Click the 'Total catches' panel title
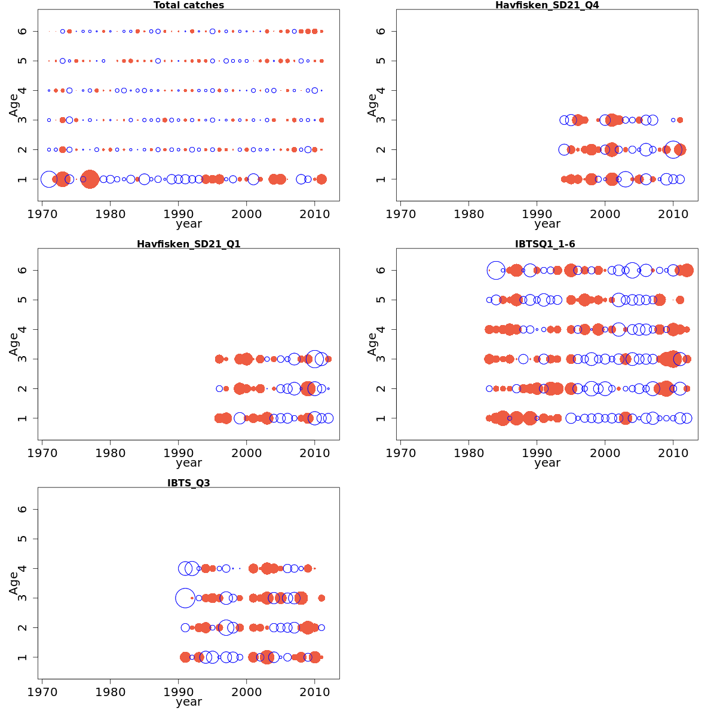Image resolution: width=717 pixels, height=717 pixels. pyautogui.click(x=189, y=5)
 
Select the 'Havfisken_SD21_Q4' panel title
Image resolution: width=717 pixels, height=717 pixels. pyautogui.click(x=547, y=5)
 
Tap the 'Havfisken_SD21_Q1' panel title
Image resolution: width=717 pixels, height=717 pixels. pyautogui.click(x=189, y=244)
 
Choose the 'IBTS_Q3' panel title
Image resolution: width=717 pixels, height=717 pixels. pyautogui.click(x=189, y=483)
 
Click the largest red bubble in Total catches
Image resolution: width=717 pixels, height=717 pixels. pyautogui.click(x=90, y=179)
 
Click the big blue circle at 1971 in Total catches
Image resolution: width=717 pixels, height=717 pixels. pyautogui.click(x=49, y=179)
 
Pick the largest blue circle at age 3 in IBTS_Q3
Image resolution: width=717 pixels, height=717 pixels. pyautogui.click(x=185, y=597)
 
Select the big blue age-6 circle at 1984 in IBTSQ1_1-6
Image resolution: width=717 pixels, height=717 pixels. pyautogui.click(x=496, y=271)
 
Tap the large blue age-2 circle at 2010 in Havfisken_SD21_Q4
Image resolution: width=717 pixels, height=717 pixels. pyautogui.click(x=673, y=149)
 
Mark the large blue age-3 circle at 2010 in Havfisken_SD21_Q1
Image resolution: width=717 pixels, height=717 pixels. pyautogui.click(x=314, y=358)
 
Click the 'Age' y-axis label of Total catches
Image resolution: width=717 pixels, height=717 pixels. pyautogui.click(x=14, y=105)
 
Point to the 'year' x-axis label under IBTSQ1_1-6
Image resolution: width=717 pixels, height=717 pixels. pyautogui.click(x=547, y=463)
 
